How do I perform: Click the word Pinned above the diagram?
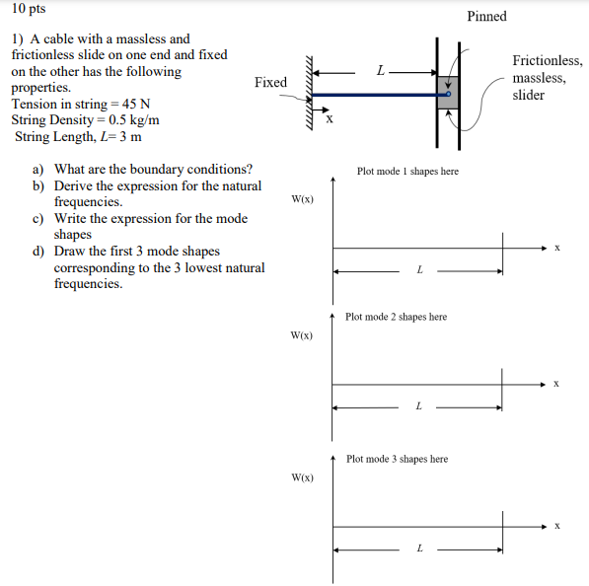pyautogui.click(x=486, y=16)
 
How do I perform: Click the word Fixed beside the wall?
pyautogui.click(x=270, y=82)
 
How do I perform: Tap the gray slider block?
pyautogui.click(x=448, y=93)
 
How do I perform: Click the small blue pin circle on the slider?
pyautogui.click(x=448, y=94)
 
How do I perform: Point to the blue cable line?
pyautogui.click(x=379, y=95)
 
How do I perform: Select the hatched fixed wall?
pyautogui.click(x=309, y=93)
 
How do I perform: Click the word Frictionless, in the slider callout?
pyautogui.click(x=548, y=60)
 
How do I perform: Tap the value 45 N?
pyautogui.click(x=136, y=104)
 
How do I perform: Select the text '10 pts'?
pyautogui.click(x=29, y=8)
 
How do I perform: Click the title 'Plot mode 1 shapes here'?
pyautogui.click(x=407, y=172)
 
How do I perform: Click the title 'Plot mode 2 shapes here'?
pyautogui.click(x=396, y=317)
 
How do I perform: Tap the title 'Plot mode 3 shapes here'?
pyautogui.click(x=397, y=459)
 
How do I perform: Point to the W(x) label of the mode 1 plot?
pyautogui.click(x=302, y=199)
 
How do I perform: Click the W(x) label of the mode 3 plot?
pyautogui.click(x=302, y=477)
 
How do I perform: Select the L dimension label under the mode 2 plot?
pyautogui.click(x=419, y=406)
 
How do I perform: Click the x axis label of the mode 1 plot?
pyautogui.click(x=557, y=248)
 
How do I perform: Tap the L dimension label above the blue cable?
pyautogui.click(x=381, y=70)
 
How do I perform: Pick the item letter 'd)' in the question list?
pyautogui.click(x=38, y=251)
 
